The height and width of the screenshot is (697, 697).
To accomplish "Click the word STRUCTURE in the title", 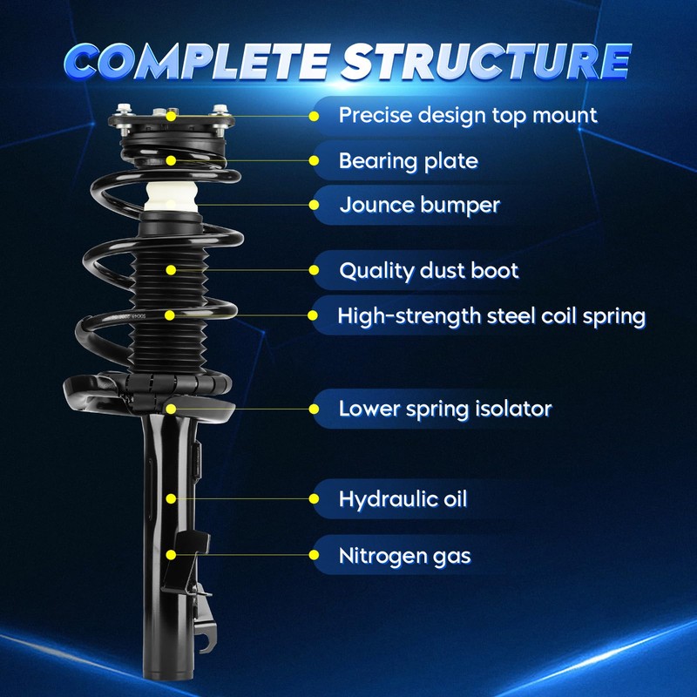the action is click(484, 61).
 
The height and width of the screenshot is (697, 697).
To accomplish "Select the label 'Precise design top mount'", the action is click(468, 115).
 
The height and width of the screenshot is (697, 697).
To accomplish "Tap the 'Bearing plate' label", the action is click(408, 160).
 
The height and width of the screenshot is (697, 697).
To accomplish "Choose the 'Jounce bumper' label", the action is click(419, 206).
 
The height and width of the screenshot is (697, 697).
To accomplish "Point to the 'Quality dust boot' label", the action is click(429, 270).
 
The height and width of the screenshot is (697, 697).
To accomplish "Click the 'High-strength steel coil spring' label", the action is click(491, 315).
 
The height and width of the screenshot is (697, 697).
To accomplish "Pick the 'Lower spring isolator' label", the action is click(444, 408).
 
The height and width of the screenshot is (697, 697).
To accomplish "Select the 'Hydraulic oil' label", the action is click(403, 499).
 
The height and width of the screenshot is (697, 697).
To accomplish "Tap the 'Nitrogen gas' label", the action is click(405, 554).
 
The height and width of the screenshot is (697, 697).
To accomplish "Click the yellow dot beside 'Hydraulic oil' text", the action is click(315, 499).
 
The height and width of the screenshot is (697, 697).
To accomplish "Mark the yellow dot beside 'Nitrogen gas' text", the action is click(315, 554).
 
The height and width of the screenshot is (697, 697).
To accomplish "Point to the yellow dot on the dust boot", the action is click(172, 270).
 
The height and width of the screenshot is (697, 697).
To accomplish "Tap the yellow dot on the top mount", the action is click(172, 115).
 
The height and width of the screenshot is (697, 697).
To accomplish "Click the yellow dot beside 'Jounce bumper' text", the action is click(315, 206).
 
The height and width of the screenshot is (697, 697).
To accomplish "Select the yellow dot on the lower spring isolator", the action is click(172, 408).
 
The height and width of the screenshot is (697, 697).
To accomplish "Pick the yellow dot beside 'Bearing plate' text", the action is click(315, 160).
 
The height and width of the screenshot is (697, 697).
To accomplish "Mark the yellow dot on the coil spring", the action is click(172, 315).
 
